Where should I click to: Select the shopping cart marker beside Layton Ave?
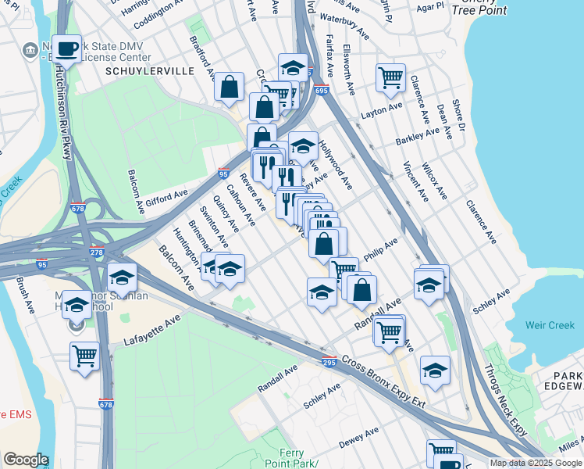pos(390,77)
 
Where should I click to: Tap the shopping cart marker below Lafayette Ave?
pos(84,356)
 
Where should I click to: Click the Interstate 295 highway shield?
pos(329,360)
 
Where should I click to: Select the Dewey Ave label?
pos(359,437)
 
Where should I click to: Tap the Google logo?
pos(26,460)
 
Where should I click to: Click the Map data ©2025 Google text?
pos(536,463)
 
